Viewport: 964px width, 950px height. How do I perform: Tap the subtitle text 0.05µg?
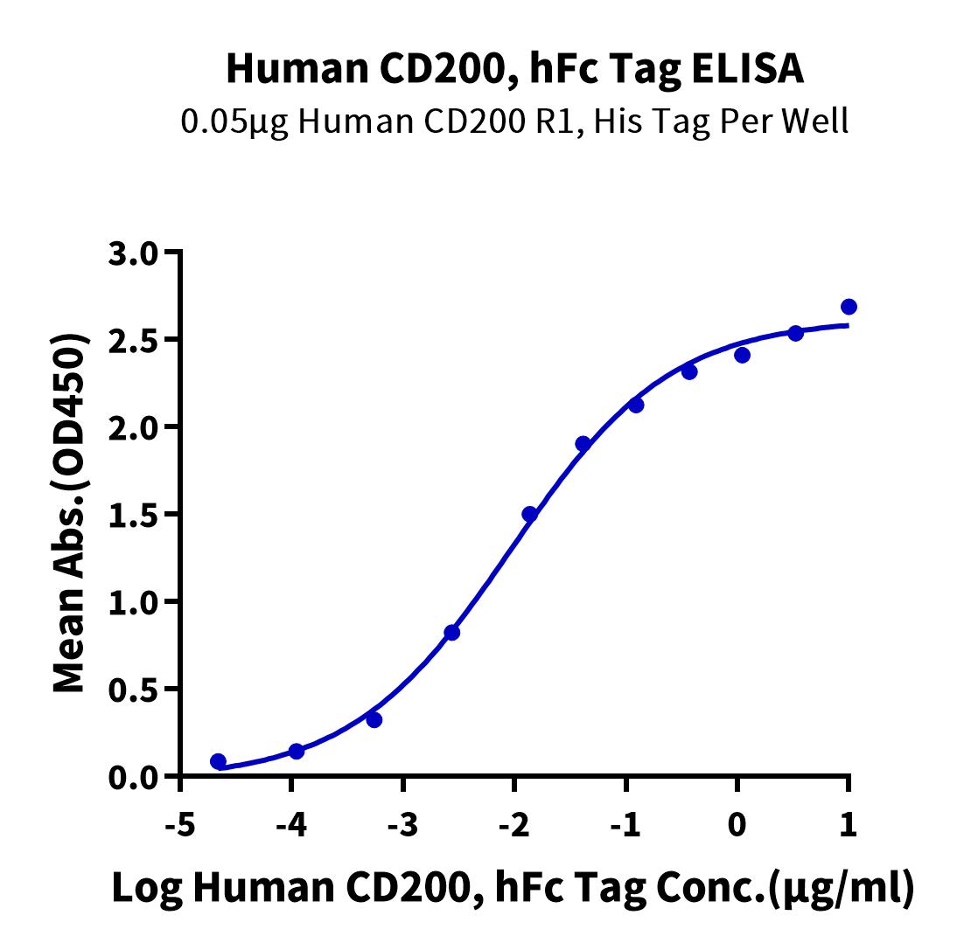(x=234, y=121)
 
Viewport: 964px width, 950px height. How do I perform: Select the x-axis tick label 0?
(x=737, y=824)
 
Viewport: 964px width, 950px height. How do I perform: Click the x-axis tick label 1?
(x=848, y=824)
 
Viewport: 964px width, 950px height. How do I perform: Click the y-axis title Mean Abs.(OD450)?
(x=72, y=514)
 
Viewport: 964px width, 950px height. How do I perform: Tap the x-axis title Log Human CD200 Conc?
(x=513, y=889)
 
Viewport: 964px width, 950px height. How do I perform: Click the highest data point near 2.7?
(x=849, y=307)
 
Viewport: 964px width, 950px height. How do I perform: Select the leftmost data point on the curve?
(x=218, y=761)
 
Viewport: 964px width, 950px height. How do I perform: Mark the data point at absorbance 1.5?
(x=529, y=514)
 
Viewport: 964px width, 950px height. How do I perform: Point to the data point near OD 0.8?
(x=451, y=632)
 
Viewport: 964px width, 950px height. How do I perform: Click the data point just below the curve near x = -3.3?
(x=374, y=720)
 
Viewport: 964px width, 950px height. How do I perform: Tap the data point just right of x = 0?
(x=742, y=355)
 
